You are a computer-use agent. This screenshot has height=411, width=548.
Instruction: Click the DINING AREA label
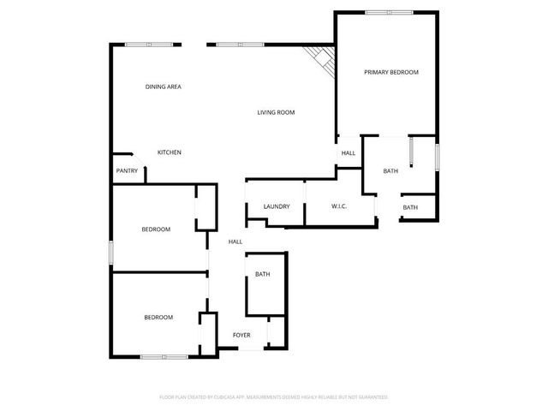pos(163,86)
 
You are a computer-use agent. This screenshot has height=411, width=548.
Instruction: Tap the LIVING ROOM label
pos(277,112)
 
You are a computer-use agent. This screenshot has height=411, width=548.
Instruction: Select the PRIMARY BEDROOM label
pos(391,73)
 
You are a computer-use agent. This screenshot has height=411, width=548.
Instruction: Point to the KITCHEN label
pos(169,152)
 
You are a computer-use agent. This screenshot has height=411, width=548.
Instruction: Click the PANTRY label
pos(127,171)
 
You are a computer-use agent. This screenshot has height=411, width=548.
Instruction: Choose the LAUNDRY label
pos(277,206)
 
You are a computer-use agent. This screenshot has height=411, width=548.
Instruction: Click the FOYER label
pos(242,335)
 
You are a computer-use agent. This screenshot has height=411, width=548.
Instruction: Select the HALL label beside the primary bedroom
pos(348,153)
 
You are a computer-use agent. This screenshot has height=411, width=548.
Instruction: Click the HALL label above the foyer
pos(235,242)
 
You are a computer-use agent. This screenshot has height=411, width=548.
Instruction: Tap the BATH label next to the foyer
pos(262,274)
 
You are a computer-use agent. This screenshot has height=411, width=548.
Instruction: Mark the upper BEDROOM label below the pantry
pos(156,229)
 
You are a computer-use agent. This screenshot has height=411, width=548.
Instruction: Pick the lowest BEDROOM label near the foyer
pos(158,318)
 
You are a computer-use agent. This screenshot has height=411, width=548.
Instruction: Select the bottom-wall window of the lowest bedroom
pos(164,356)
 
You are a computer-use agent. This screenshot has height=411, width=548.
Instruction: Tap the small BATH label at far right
pos(410,207)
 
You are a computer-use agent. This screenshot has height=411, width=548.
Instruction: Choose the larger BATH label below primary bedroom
pos(390,171)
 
